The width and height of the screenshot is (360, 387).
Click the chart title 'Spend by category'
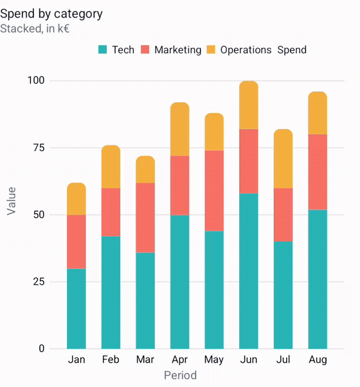click(x=51, y=14)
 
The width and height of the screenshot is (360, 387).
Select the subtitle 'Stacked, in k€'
click(x=35, y=29)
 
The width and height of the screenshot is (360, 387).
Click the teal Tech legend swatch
click(x=102, y=50)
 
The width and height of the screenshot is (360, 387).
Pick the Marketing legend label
click(x=177, y=50)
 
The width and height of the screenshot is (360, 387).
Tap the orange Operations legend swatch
click(x=211, y=50)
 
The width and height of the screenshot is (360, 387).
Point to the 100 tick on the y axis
click(x=36, y=80)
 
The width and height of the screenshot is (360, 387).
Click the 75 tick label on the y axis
click(x=39, y=148)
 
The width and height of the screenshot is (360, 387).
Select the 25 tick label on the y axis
click(x=39, y=282)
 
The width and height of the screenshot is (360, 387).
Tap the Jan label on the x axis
click(x=76, y=359)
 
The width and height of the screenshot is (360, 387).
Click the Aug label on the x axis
click(x=318, y=360)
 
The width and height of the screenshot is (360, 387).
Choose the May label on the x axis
click(x=214, y=360)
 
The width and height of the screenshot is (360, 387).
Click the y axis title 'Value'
click(x=12, y=201)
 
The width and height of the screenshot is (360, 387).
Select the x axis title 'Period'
click(x=181, y=375)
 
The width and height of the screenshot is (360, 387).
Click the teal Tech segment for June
click(x=249, y=271)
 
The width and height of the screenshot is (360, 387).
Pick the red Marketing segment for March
click(x=145, y=218)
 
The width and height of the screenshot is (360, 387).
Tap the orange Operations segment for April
click(x=180, y=129)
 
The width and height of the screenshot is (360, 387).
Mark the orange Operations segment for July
click(x=283, y=159)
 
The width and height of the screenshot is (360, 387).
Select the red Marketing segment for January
click(x=76, y=242)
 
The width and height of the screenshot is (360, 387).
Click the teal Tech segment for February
click(x=111, y=292)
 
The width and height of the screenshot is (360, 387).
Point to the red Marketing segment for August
click(x=318, y=172)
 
